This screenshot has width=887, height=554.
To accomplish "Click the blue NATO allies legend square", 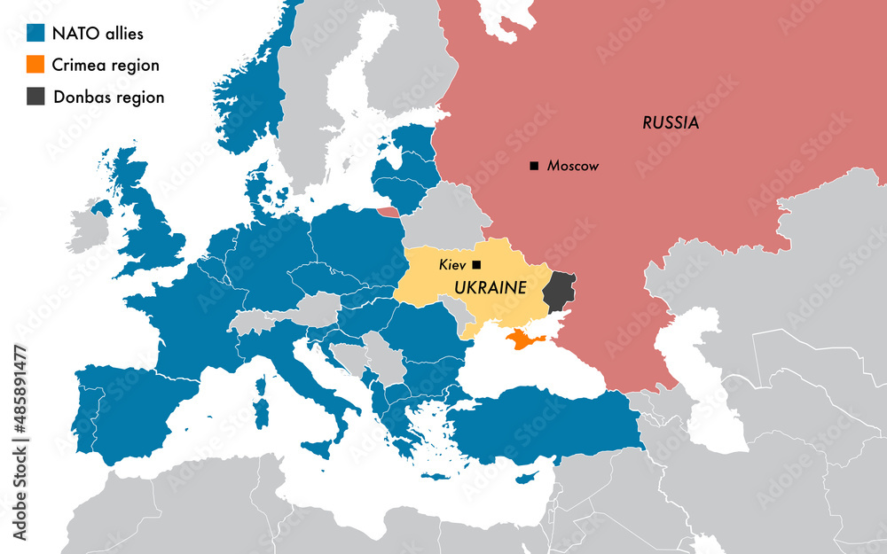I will [35, 34].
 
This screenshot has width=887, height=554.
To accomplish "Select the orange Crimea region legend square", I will [35, 65].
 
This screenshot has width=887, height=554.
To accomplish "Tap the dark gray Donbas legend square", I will [35, 97].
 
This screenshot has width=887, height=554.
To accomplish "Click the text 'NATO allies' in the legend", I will [98, 35].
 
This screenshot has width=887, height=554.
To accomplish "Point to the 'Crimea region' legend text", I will [106, 66].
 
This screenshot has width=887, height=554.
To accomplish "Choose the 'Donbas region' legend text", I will [109, 98].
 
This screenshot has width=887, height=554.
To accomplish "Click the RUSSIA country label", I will [671, 123].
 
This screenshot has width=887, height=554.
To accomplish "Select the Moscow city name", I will [573, 166].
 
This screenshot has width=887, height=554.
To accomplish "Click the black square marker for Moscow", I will [534, 166].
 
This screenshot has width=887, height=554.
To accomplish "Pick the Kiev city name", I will [452, 265].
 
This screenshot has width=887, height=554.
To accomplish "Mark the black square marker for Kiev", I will [476, 264].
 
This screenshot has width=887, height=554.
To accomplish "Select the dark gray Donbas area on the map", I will [559, 293].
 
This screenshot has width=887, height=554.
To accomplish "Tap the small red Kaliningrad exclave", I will [388, 212].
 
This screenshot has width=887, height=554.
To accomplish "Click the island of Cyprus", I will [529, 476].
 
